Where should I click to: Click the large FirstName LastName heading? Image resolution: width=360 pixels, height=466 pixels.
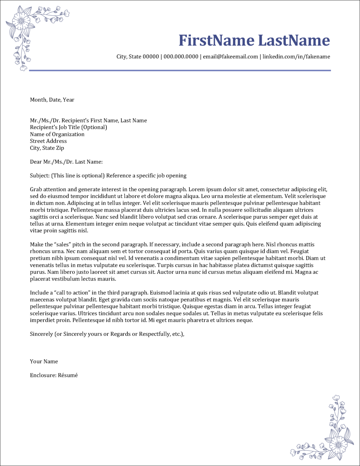click(254, 40)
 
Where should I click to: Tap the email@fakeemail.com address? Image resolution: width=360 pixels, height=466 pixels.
click(230, 57)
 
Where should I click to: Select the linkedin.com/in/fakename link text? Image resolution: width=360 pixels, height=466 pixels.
click(296, 57)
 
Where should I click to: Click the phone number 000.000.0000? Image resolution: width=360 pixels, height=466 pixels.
click(181, 57)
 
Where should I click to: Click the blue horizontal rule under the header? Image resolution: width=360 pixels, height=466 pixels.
click(180, 70)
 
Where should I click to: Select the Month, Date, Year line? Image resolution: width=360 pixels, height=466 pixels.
click(52, 100)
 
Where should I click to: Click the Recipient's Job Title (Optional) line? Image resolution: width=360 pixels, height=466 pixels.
click(68, 127)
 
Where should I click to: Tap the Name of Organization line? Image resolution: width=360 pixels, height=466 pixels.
click(57, 134)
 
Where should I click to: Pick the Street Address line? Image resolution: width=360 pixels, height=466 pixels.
click(48, 141)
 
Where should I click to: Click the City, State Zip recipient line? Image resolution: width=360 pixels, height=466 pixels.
click(47, 148)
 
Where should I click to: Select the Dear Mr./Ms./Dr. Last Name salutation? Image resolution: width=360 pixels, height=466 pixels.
click(66, 162)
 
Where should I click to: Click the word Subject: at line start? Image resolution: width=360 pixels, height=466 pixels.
click(39, 176)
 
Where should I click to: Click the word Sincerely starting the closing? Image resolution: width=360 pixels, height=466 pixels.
click(41, 334)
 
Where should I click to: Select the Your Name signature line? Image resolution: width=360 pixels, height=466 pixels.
click(44, 362)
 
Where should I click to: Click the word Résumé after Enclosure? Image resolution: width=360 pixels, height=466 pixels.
click(68, 375)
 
